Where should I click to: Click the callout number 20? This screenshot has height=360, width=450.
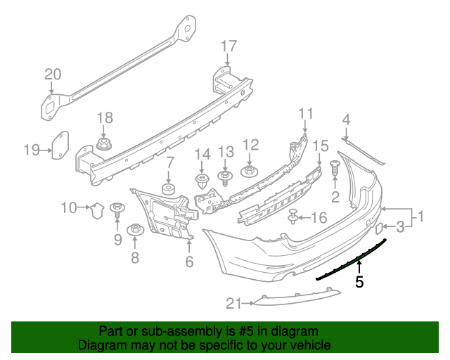(x=53, y=74)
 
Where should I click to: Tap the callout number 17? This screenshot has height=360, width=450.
(x=229, y=46)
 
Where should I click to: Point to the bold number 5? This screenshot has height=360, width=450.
(x=359, y=283)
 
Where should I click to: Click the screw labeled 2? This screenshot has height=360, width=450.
(x=335, y=169)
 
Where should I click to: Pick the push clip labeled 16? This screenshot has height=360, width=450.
(x=292, y=217)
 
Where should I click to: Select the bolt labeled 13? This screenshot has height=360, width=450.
(x=225, y=176)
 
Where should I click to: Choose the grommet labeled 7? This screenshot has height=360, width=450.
(x=169, y=191)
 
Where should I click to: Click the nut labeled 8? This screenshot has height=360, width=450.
(x=134, y=230)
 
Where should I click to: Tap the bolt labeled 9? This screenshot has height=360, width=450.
(x=117, y=208)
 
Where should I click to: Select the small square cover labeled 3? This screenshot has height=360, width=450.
(x=378, y=228)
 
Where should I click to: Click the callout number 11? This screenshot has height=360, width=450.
(x=305, y=112)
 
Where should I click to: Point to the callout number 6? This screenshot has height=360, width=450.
(x=188, y=262)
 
